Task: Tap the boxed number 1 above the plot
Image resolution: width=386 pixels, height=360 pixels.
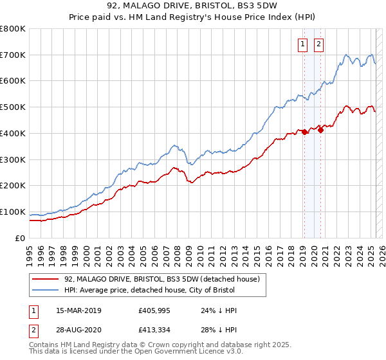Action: click(x=302, y=44)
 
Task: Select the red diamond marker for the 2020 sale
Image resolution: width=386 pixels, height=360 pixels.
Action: click(x=320, y=130)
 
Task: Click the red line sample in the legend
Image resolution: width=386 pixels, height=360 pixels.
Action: click(x=45, y=280)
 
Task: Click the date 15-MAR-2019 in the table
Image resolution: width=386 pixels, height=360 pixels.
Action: click(x=73, y=310)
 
